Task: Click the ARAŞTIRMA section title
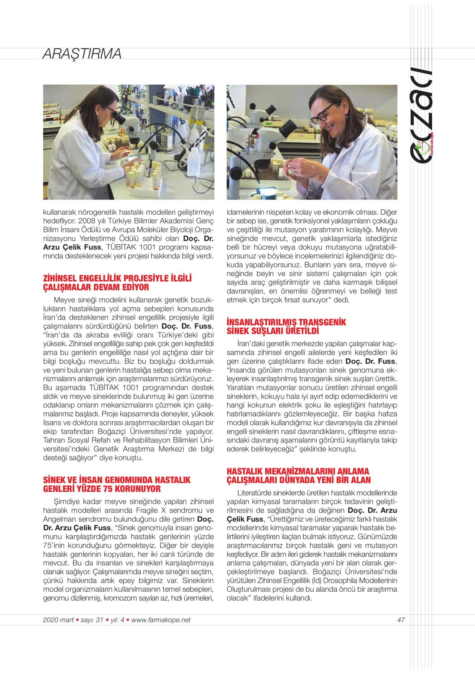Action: [82, 54]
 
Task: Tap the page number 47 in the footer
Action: [401, 620]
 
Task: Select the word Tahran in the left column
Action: [54, 439]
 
